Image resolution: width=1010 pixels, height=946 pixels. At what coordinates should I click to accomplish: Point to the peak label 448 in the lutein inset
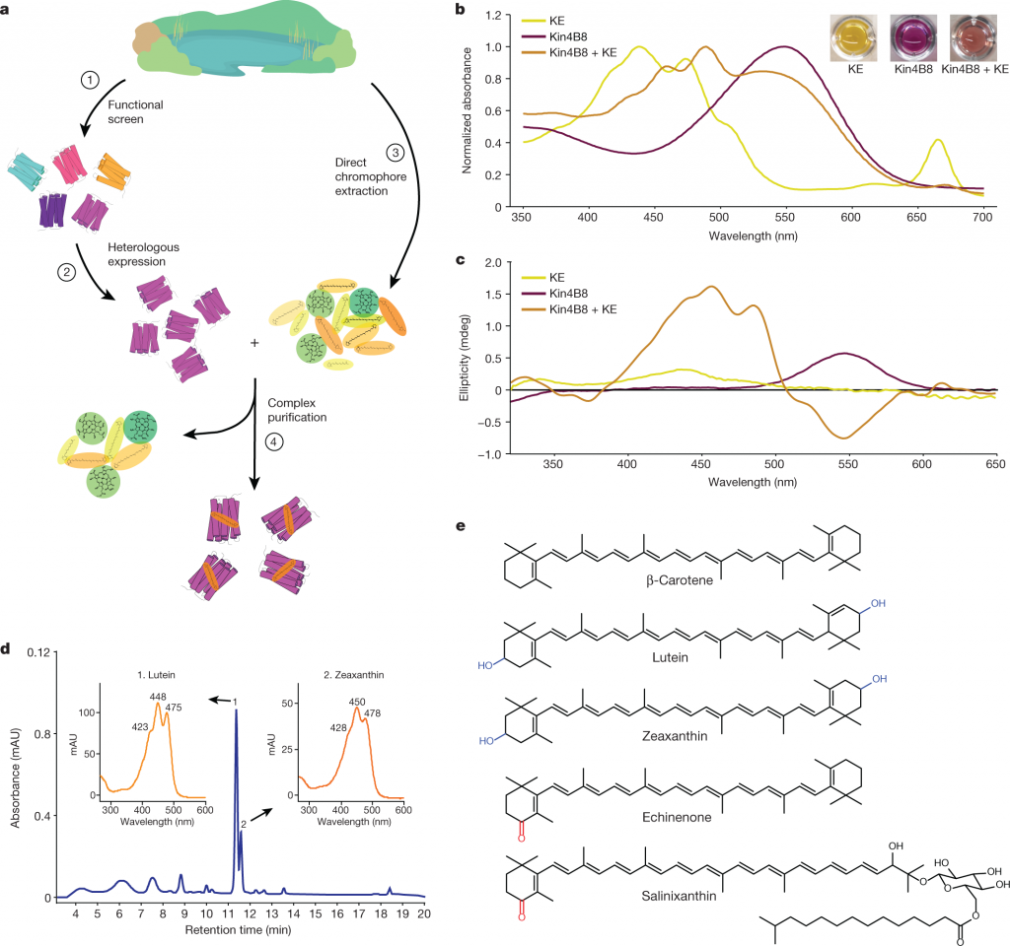pos(157,696)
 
